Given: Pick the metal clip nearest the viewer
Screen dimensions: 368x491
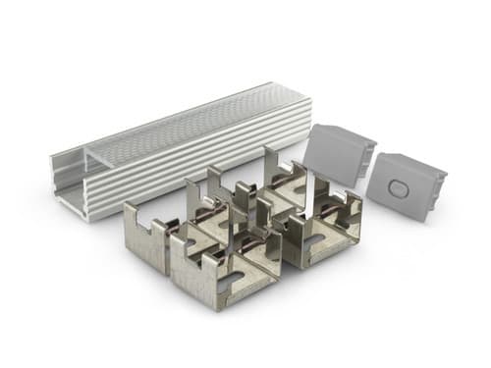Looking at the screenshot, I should pyautogui.click(x=221, y=275).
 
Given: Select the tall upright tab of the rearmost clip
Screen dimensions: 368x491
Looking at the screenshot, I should pyautogui.click(x=273, y=162).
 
